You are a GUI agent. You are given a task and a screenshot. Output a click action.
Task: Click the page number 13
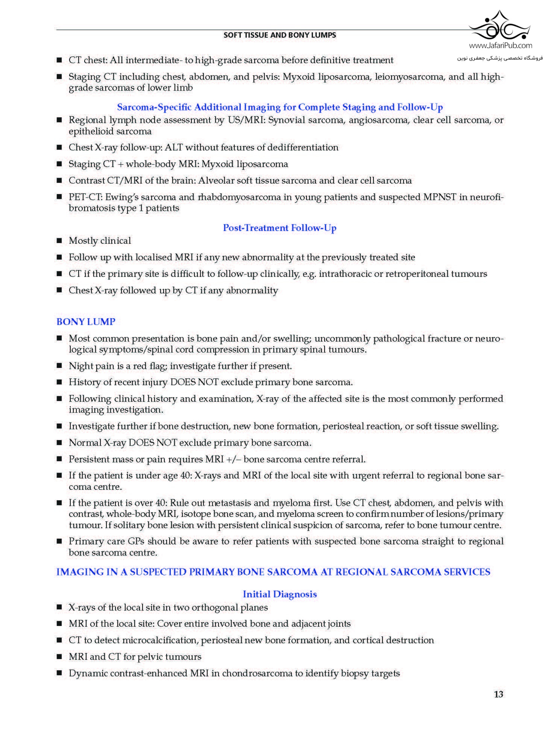[498, 694]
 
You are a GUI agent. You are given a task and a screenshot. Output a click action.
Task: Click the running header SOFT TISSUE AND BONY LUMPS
[279, 35]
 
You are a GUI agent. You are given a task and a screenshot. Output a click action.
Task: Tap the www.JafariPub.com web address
[500, 46]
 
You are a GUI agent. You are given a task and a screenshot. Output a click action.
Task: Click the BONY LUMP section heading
[86, 322]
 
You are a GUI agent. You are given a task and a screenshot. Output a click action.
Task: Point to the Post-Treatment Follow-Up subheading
[279, 228]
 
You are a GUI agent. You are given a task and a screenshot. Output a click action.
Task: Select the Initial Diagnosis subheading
[279, 594]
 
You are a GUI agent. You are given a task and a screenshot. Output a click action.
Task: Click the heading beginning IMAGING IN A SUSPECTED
[273, 572]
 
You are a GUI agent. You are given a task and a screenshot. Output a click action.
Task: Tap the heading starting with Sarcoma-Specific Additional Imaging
[279, 107]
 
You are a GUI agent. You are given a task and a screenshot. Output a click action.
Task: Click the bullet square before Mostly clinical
[59, 241]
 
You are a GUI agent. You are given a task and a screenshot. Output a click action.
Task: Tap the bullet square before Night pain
[59, 366]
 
